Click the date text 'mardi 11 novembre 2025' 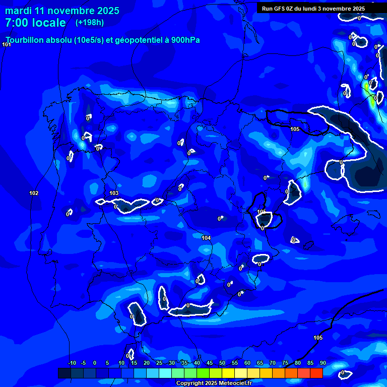tap(62, 11)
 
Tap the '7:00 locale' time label tap(35, 23)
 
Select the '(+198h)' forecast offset tap(89, 23)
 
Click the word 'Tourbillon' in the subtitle tap(26, 40)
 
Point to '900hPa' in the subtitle tap(183, 40)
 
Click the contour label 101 tap(7, 45)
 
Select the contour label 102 tap(34, 193)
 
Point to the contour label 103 tap(114, 193)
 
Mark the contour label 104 tap(206, 238)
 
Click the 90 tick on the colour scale tap(322, 363)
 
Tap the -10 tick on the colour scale tap(72, 363)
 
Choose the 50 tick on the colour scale tap(222, 363)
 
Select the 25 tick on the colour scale tap(159, 363)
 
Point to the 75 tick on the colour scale tap(285, 363)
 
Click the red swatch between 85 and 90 tap(316, 373)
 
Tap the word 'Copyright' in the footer tap(189, 383)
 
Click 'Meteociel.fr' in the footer tap(234, 383)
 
